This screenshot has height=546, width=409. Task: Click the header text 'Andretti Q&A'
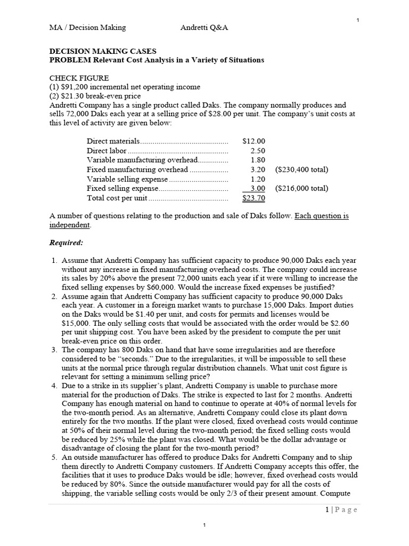[x=204, y=28]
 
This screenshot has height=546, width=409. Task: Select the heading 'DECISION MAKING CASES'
[x=103, y=51]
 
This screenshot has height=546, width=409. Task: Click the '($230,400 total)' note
[x=301, y=170]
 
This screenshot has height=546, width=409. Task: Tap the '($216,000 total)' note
[x=301, y=188]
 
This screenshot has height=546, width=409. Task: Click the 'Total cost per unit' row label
[x=117, y=198]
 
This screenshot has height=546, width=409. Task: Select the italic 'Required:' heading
[x=66, y=243]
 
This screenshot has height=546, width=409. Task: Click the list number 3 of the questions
[x=54, y=350]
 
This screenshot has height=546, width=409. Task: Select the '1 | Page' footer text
[x=341, y=510]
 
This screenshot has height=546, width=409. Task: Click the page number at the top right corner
[x=357, y=20]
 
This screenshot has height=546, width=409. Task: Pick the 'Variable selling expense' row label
[x=122, y=179]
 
